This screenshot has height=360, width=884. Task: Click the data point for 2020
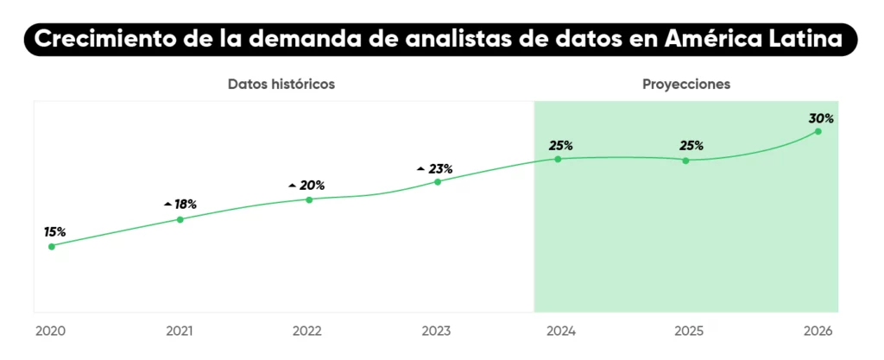(52, 246)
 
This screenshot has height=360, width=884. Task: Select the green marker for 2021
(180, 219)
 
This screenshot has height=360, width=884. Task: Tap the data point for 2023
(438, 181)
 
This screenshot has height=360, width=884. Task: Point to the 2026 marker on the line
(818, 131)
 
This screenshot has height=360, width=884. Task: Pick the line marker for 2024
(558, 159)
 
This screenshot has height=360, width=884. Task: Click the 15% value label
(54, 231)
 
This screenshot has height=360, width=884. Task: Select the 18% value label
(185, 205)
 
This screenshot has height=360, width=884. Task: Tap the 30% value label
(821, 117)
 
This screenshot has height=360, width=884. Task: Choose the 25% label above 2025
(691, 145)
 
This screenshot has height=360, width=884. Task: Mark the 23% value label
(440, 168)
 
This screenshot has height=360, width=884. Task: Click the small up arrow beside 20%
(293, 186)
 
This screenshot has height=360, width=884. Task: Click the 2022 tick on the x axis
(307, 331)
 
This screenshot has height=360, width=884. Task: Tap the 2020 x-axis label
(50, 331)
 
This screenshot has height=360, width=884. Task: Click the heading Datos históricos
(281, 84)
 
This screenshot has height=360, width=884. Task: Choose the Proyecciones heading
(686, 84)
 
